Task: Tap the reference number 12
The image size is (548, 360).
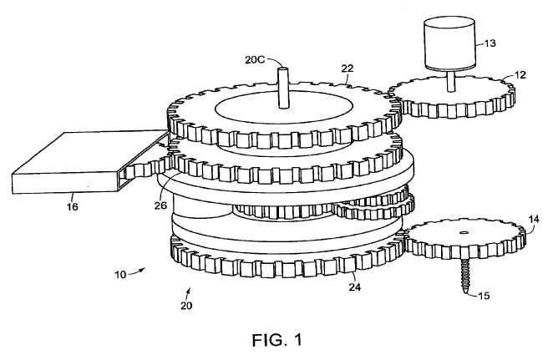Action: (x=520, y=75)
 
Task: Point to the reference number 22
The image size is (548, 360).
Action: (x=347, y=68)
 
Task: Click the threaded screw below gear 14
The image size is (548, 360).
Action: (x=464, y=276)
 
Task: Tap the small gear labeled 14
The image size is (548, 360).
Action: (x=464, y=238)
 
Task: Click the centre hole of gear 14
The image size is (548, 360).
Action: (x=464, y=231)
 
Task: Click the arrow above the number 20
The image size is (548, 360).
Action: (x=187, y=291)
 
